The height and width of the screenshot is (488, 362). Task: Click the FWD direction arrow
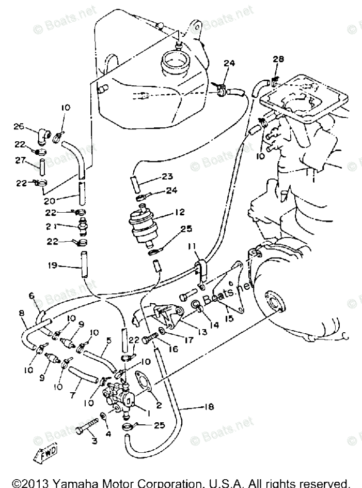point(46,454)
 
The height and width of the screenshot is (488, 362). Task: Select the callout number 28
point(278,61)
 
